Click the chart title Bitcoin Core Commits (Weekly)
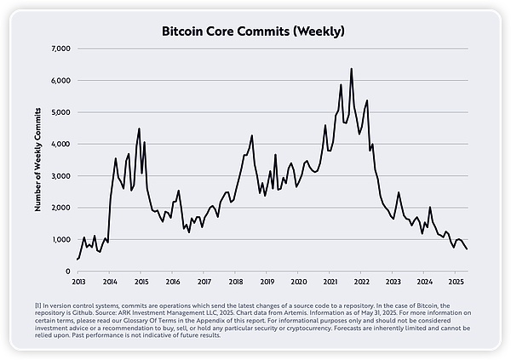click(255, 31)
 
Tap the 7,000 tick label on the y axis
click(62, 49)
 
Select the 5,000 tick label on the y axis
click(62, 112)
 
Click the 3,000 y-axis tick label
click(62, 176)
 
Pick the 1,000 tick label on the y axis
click(62, 240)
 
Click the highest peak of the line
click(352, 69)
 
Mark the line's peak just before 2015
click(139, 129)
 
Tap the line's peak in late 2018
click(252, 135)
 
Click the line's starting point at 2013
click(78, 259)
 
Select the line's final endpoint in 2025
click(467, 249)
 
